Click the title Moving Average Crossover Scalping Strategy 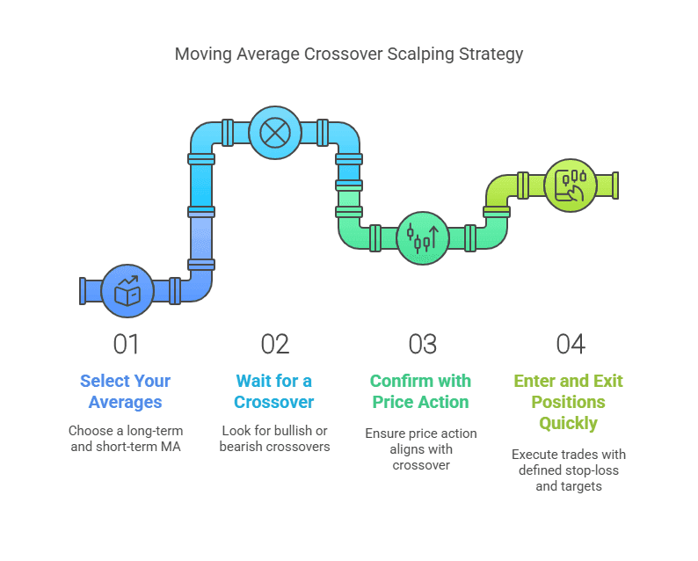point(348,55)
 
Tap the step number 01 point(126,344)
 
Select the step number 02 point(274,344)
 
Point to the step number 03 point(423,344)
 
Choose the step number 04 point(571,344)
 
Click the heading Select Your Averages point(126,391)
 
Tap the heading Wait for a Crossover point(274,391)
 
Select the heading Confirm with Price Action point(421,391)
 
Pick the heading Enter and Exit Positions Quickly point(569,402)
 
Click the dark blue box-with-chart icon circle point(127,291)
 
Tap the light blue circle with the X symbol point(275,133)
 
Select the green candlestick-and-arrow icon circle point(423,238)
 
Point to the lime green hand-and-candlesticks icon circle point(571,186)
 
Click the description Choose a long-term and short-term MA point(126,439)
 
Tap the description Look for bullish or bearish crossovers point(274,439)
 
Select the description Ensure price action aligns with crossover point(421,449)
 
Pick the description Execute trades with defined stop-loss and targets point(569,470)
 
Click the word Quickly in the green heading point(569,423)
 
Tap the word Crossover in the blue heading point(274,402)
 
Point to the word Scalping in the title point(421,55)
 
